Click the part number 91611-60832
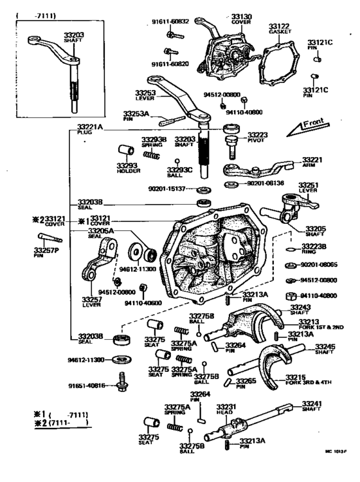point(170,21)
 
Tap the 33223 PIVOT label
point(262,138)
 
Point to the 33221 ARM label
point(312,163)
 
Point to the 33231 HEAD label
point(226,411)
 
